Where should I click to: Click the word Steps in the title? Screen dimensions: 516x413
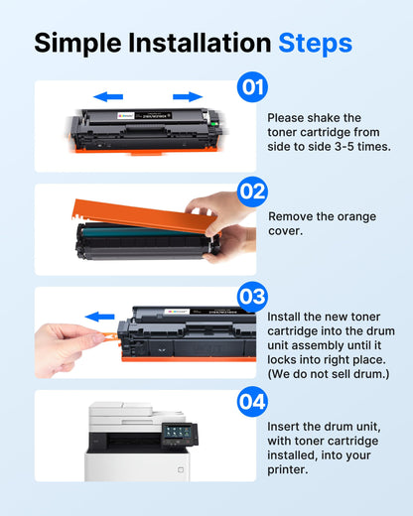315,43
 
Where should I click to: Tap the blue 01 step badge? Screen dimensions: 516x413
252,87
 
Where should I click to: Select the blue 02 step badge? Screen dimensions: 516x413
252,191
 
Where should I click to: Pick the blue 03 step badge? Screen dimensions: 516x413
252,295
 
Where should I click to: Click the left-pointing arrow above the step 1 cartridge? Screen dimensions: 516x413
109,97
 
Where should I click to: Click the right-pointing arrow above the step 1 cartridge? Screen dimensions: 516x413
187,97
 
